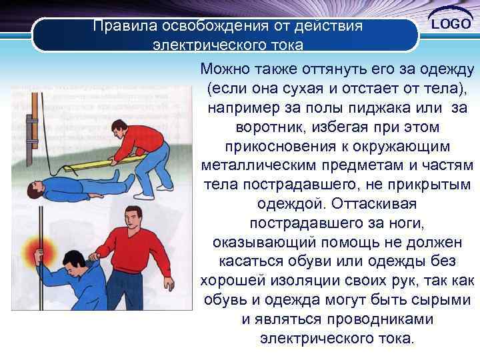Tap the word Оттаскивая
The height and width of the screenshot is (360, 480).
tap(374, 202)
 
